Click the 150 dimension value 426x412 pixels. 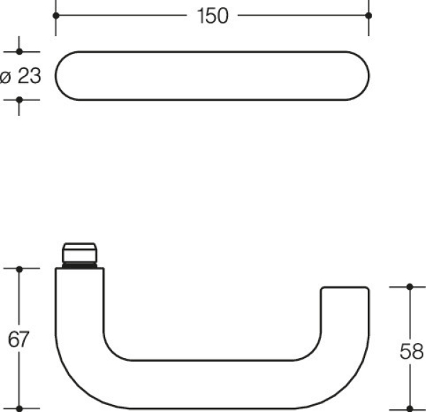[x=212, y=16]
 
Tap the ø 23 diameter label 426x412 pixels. [x=21, y=75]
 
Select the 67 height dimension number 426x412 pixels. [x=18, y=340]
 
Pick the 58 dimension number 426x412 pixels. [x=410, y=351]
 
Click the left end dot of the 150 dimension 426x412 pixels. [x=55, y=15]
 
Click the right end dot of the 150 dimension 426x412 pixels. [x=368, y=15]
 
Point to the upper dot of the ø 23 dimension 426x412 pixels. [x=19, y=52]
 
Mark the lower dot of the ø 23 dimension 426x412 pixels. [x=19, y=99]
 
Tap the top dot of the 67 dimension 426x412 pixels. [x=19, y=269]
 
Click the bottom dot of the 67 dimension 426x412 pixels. [x=19, y=408]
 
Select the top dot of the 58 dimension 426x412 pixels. [x=410, y=286]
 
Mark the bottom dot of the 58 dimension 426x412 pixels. [x=410, y=408]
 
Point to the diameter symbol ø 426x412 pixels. [x=6, y=76]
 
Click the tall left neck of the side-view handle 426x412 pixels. [x=79, y=313]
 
